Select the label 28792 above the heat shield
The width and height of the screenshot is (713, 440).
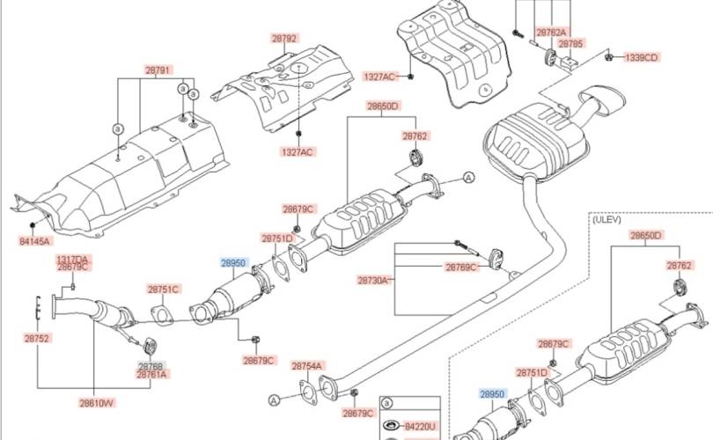coord(283,39)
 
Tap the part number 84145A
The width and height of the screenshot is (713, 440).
coord(35,240)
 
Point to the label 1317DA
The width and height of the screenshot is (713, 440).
coord(72,259)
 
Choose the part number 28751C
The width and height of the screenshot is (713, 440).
coord(164,289)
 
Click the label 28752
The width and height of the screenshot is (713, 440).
coord(36,337)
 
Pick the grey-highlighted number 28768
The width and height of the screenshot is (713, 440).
coord(151,365)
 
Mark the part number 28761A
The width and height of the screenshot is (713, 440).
coord(151,374)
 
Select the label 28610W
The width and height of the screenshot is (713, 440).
coord(97,403)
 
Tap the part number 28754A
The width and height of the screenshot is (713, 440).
coord(308,364)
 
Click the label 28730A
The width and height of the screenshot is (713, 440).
coord(373,280)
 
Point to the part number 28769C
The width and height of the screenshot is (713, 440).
coord(461,267)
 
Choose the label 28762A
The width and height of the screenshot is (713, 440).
coord(551,33)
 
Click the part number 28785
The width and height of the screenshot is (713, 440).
coord(570,42)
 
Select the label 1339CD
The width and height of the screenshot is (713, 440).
coord(642,57)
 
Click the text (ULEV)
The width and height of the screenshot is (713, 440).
coord(607,220)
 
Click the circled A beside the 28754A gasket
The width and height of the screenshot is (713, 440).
coord(274,400)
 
